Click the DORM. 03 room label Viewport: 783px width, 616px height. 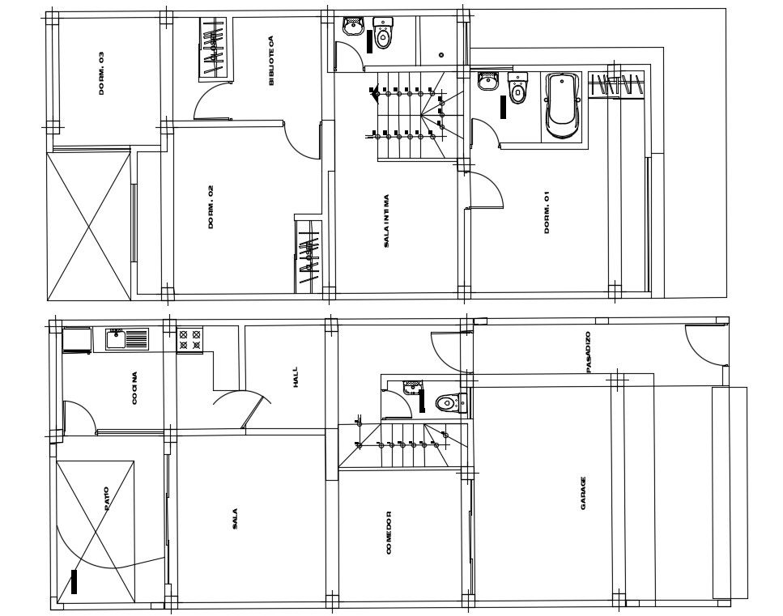click(x=102, y=74)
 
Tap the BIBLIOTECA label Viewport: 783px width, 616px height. click(x=271, y=60)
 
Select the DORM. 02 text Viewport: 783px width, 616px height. click(x=211, y=207)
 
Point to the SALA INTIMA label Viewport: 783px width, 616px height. click(x=386, y=221)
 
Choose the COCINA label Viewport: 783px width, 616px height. click(x=134, y=388)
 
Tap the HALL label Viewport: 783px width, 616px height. click(x=295, y=377)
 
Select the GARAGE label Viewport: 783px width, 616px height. click(x=583, y=493)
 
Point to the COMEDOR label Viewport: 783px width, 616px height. click(x=389, y=532)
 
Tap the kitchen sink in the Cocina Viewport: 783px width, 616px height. click(x=127, y=339)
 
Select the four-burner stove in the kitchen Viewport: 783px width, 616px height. click(x=189, y=339)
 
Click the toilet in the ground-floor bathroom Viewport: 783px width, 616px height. click(x=451, y=402)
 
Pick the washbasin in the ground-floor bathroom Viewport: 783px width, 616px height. click(x=412, y=387)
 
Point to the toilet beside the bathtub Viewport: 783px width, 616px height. click(x=518, y=88)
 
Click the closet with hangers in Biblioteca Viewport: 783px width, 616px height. click(x=214, y=49)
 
